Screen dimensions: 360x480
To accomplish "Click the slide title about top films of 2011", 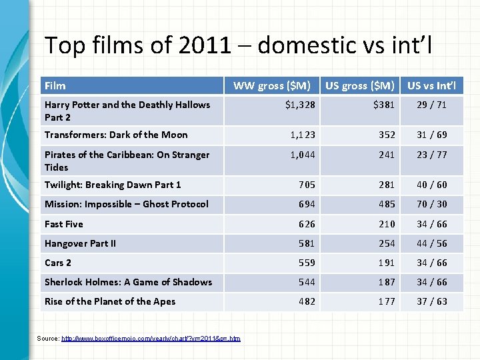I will [238, 45].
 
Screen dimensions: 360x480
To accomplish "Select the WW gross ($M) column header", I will [271, 85].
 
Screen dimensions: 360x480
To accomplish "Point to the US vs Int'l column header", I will [432, 85].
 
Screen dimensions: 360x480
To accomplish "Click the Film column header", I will [55, 85].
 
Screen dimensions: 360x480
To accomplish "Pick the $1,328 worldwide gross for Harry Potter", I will [300, 105].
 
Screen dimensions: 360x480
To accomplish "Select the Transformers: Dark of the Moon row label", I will [116, 135].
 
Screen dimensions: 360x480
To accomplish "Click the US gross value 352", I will [387, 135].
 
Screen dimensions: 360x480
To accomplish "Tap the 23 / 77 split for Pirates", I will [432, 155].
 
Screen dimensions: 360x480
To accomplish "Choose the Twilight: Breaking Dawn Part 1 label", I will [113, 185].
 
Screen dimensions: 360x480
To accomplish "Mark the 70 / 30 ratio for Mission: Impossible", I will [432, 204].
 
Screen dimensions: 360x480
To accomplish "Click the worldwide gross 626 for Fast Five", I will [306, 224].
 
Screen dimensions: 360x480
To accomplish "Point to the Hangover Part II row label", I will [80, 243].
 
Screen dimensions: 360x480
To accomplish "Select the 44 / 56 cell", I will [432, 243].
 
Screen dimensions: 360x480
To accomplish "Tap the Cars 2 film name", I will [58, 263].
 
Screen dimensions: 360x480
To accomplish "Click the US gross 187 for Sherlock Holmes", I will [387, 282].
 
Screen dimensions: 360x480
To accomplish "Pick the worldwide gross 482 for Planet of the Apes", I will [306, 301].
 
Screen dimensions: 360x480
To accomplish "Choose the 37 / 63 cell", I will [432, 301].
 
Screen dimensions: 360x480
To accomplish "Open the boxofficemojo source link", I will [151, 339].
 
